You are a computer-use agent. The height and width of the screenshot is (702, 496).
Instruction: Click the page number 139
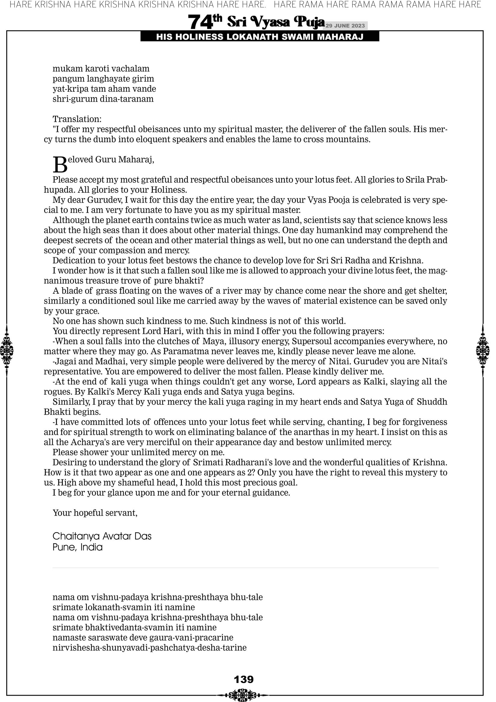243,679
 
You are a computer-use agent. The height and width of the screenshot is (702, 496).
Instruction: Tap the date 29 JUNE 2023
345,26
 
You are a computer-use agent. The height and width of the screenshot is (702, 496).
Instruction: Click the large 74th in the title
205,22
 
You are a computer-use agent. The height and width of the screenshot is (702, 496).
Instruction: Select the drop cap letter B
60,164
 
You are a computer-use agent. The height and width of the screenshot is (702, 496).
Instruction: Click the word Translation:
77,119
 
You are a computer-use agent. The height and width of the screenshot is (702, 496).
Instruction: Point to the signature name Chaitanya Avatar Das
102,536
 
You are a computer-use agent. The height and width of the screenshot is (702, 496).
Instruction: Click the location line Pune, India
77,547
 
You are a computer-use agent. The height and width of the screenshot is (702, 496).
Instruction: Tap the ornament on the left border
7,350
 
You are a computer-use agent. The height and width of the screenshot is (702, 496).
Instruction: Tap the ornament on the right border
483,350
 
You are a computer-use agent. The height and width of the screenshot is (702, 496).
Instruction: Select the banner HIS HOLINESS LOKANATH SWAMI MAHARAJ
260,37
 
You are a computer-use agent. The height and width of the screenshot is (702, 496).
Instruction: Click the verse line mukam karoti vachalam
101,69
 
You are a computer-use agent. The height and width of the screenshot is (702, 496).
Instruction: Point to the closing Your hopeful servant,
95,513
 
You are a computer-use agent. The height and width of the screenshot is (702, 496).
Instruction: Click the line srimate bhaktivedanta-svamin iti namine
134,627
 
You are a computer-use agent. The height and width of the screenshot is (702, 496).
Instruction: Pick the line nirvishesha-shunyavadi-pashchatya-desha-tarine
149,648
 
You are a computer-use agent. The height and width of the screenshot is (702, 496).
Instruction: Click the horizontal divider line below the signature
245,568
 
